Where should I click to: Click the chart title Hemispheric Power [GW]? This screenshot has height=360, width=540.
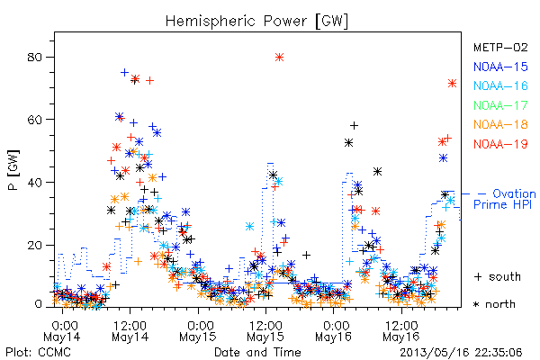click(256, 22)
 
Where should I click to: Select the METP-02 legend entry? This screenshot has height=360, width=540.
click(500, 47)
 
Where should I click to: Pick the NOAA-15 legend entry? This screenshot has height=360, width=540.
click(500, 67)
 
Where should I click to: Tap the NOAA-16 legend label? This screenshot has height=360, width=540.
click(500, 85)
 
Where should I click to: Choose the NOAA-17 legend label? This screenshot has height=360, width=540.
click(500, 105)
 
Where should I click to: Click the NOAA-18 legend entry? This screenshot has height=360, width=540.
click(500, 124)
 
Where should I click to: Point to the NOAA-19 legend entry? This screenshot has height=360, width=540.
click(500, 144)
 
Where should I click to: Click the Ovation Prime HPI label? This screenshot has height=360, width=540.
click(505, 199)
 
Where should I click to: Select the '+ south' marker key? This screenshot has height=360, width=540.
click(498, 276)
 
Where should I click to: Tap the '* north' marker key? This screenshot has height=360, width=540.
click(494, 304)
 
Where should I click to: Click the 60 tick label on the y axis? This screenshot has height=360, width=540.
click(35, 120)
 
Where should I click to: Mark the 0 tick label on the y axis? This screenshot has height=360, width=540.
click(39, 304)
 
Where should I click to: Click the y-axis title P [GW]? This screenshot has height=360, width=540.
click(13, 170)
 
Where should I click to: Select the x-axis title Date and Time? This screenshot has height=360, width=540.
click(257, 352)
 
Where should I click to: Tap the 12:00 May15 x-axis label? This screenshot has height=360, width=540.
click(265, 330)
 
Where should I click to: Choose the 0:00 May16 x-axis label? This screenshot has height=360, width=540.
click(333, 330)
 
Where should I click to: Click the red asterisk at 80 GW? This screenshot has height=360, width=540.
click(279, 58)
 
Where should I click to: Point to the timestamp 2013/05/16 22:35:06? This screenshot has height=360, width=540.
click(461, 353)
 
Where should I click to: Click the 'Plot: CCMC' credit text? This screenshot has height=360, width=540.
click(38, 352)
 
